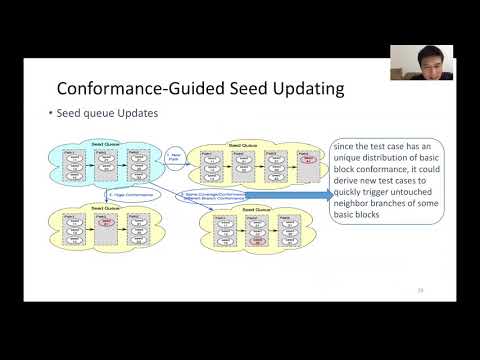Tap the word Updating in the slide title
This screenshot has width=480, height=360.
(304, 89)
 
